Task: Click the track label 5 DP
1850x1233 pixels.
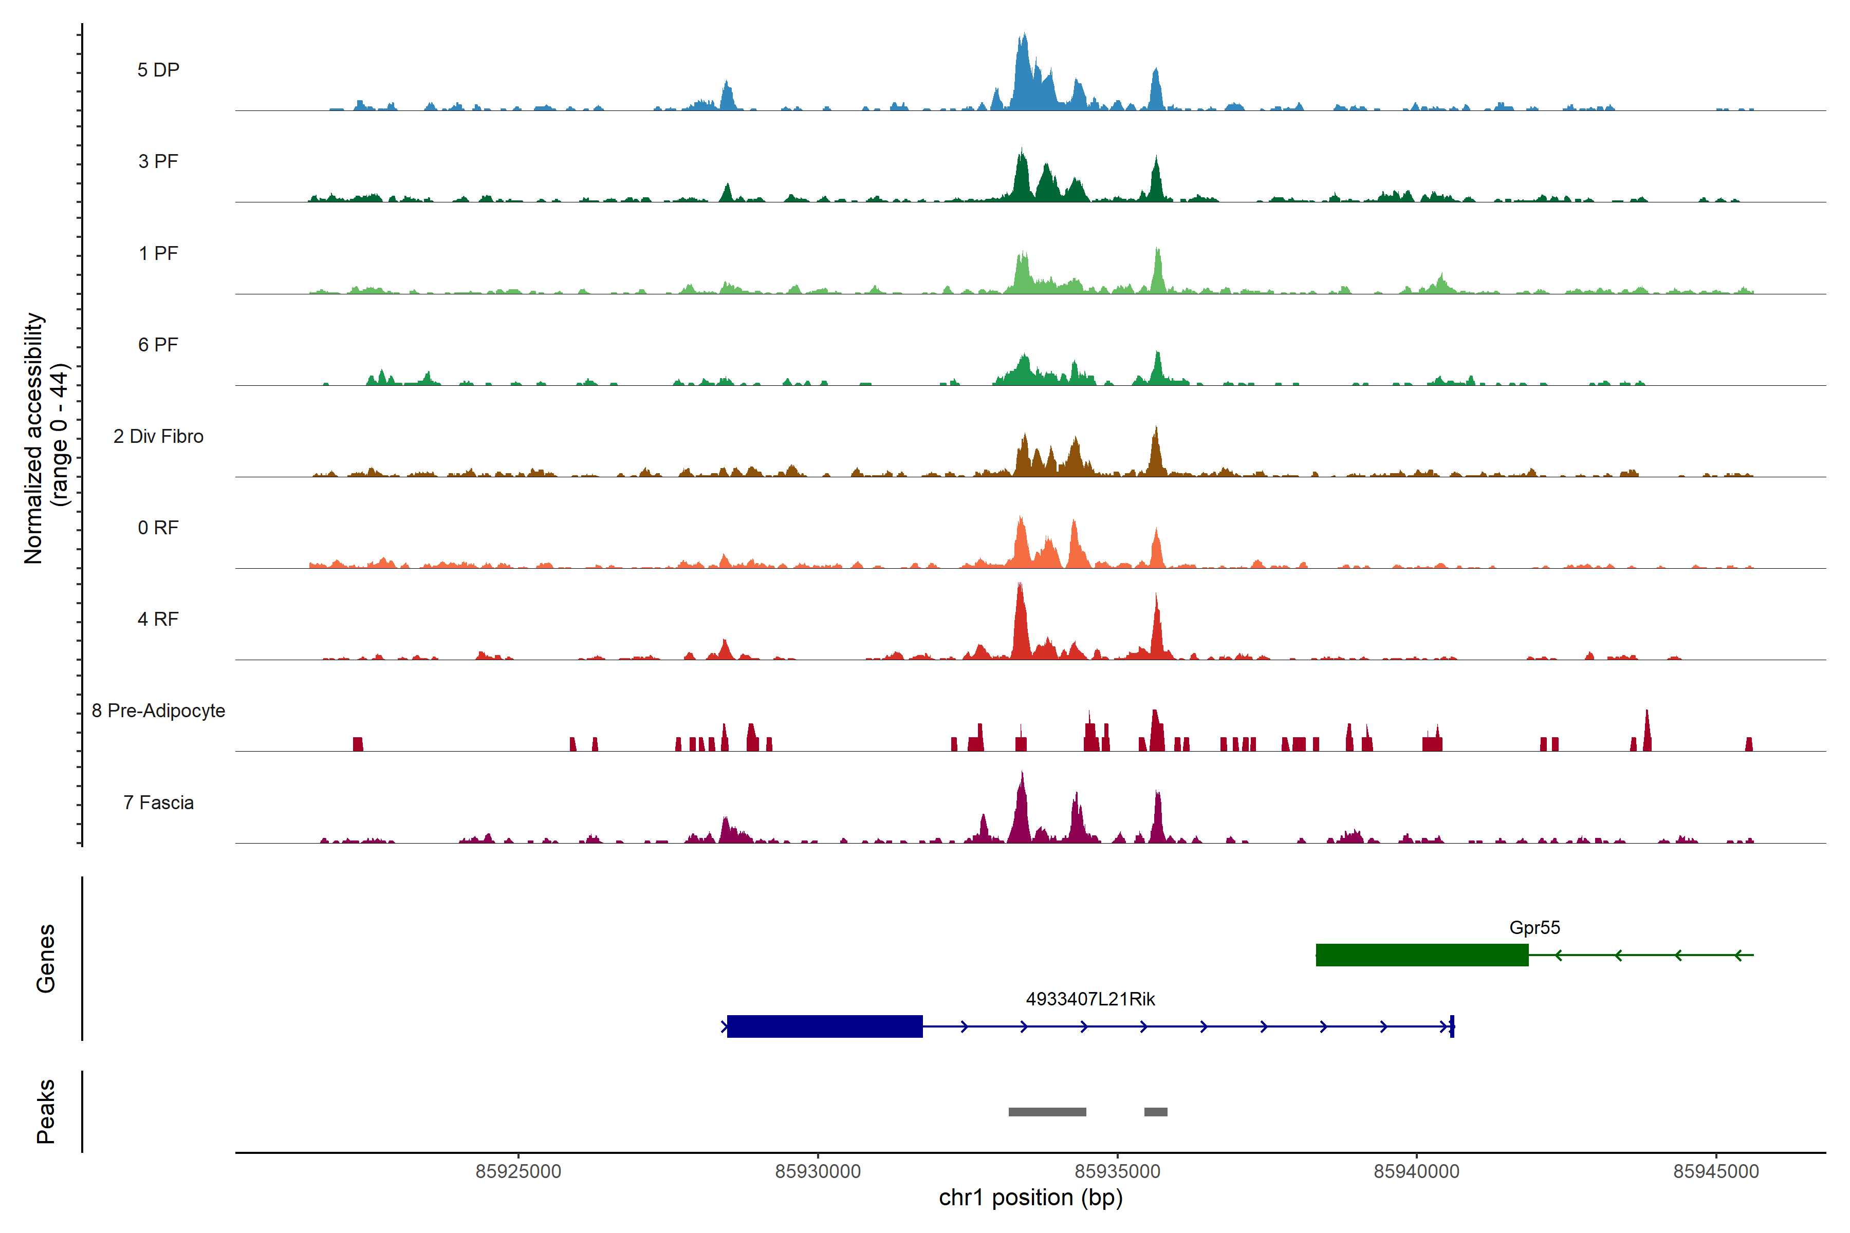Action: coord(158,70)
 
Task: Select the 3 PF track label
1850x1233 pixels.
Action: coord(158,161)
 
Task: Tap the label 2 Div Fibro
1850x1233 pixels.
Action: coord(158,436)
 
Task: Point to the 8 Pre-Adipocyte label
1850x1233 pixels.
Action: coord(158,711)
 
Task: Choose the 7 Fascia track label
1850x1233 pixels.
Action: coord(158,803)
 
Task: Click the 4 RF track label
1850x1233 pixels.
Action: coord(158,620)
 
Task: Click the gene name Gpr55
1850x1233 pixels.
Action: coord(1534,928)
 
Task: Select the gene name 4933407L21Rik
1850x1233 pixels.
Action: coord(1090,999)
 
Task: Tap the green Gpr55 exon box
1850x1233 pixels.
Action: coord(1421,955)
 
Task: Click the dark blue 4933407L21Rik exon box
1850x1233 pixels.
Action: coord(824,1026)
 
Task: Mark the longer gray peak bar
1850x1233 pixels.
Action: coord(1047,1112)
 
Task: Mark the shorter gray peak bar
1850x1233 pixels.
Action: coord(1155,1112)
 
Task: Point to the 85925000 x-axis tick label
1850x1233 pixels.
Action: coord(519,1172)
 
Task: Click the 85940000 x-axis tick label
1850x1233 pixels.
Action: coord(1417,1172)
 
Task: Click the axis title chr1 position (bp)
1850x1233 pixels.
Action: coord(1030,1198)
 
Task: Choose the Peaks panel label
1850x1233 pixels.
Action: coord(46,1111)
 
